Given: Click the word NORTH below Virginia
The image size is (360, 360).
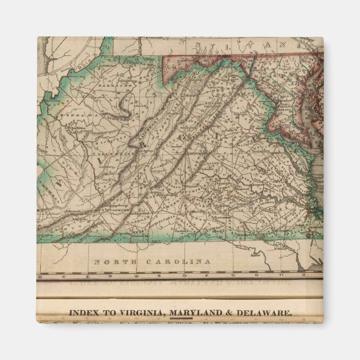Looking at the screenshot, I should pyautogui.click(x=112, y=262).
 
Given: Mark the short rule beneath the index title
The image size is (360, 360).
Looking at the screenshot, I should pyautogui.click(x=179, y=319).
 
